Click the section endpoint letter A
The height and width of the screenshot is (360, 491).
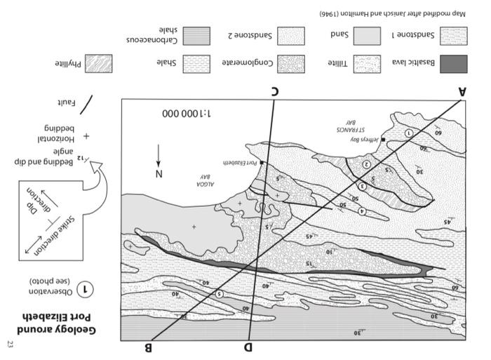(x=462, y=91)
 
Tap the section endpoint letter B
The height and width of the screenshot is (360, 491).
(x=148, y=347)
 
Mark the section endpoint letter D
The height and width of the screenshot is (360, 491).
(x=248, y=347)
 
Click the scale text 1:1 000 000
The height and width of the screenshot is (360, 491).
(x=188, y=113)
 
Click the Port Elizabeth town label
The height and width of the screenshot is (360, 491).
(x=240, y=162)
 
